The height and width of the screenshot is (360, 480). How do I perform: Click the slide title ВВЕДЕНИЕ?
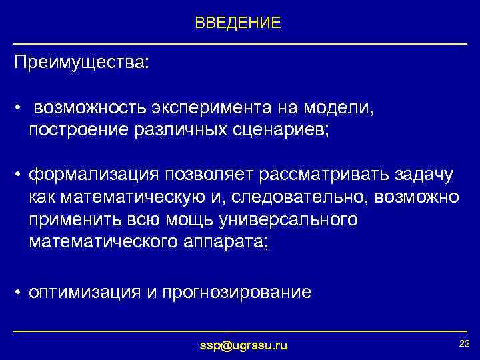click(238, 23)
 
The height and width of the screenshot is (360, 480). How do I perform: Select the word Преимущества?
click(81, 63)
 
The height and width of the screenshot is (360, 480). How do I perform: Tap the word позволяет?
click(212, 175)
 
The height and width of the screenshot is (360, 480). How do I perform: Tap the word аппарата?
click(223, 241)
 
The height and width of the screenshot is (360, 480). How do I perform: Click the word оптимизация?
click(83, 292)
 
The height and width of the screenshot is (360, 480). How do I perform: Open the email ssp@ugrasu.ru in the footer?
click(244, 345)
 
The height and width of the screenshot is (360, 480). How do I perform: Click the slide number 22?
click(464, 343)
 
